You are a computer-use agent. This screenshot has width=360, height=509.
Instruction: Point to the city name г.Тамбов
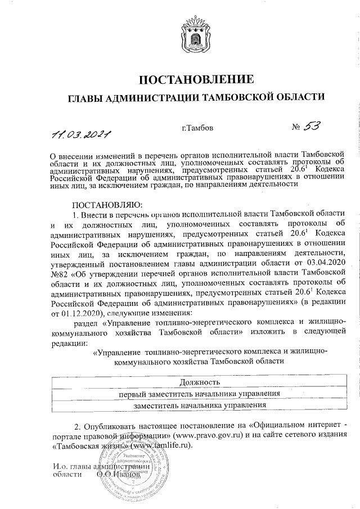[197, 128]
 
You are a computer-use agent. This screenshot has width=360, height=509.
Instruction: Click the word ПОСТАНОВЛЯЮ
[108, 204]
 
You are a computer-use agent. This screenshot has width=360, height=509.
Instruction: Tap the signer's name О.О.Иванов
[118, 475]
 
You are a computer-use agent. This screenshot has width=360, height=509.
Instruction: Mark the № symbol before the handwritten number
[296, 129]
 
